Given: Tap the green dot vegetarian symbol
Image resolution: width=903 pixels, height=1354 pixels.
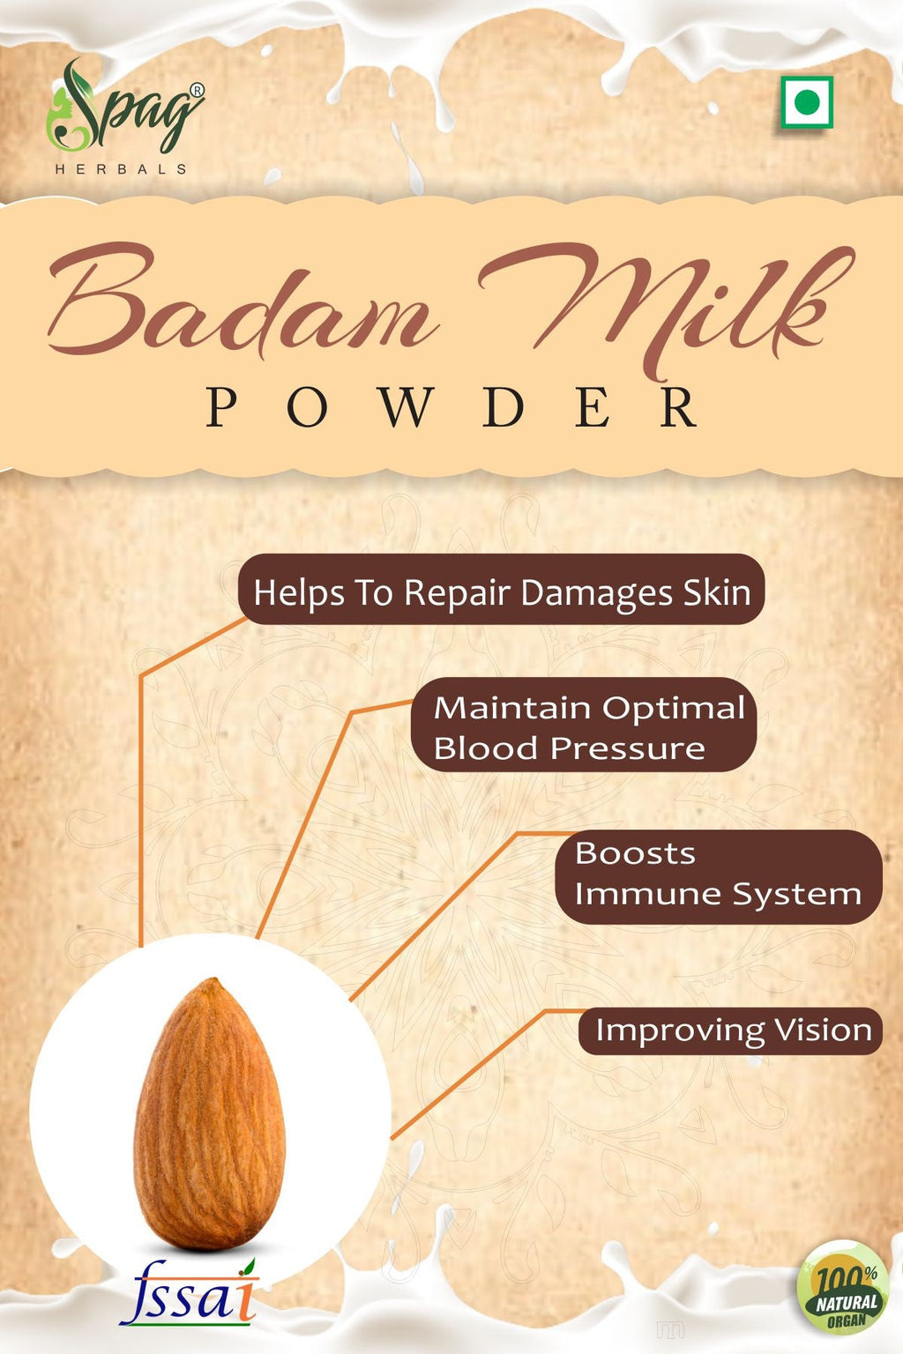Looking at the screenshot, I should [806, 103].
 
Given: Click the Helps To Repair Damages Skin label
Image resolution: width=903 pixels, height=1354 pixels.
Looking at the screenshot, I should [501, 591].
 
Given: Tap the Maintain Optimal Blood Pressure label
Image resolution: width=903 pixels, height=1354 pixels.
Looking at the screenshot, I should [584, 725].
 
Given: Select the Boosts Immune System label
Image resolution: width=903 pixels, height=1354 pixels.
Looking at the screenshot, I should [718, 875].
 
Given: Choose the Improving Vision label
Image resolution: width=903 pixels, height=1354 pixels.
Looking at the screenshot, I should [731, 1030].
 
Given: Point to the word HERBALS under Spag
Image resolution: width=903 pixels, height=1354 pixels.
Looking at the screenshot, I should [121, 169].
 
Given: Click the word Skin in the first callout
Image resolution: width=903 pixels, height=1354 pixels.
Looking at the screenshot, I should [717, 592].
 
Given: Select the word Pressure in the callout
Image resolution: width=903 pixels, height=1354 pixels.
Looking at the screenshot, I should [628, 749].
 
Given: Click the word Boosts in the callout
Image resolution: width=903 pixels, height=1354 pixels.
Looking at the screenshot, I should [635, 853].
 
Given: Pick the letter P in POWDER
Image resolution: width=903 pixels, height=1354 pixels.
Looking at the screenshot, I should [221, 408].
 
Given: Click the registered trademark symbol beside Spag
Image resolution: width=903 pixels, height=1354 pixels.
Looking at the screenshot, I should [198, 90].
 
